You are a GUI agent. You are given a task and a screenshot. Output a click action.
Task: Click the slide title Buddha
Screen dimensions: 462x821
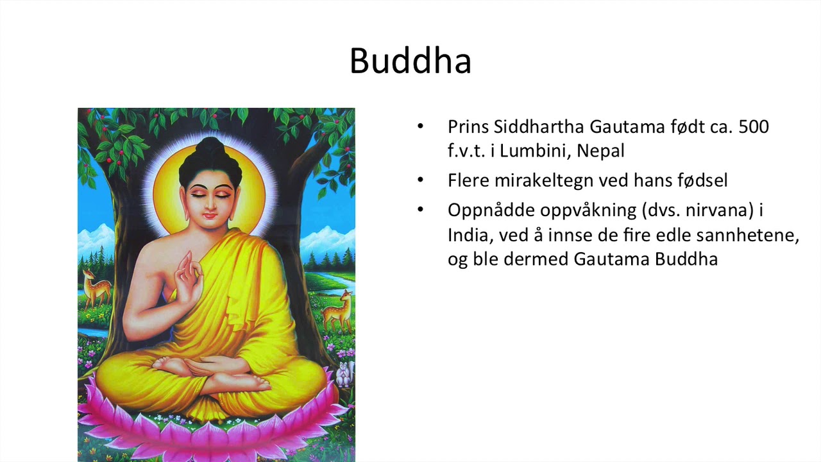410,61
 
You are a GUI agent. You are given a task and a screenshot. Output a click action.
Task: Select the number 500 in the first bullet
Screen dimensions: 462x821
754,126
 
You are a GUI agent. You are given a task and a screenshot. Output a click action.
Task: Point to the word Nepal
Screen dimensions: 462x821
600,151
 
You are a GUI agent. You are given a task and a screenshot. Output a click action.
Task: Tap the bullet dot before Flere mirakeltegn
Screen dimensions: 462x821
421,180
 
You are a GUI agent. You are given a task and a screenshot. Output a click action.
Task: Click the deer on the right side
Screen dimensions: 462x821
338,311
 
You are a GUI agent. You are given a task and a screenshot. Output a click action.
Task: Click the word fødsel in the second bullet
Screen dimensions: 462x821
702,180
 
